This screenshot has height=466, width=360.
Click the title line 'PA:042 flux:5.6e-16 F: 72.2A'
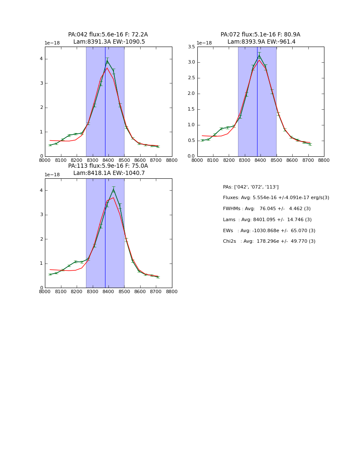click(x=108, y=35)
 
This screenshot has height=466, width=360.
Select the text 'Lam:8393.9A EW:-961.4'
click(x=261, y=42)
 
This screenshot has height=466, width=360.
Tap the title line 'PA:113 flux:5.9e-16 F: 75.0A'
click(x=108, y=166)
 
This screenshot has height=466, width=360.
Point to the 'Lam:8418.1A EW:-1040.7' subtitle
click(x=109, y=173)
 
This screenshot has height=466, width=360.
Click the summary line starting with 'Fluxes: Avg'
click(x=276, y=198)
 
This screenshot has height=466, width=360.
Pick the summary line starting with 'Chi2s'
click(x=269, y=241)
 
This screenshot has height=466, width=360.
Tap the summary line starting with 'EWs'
click(x=269, y=230)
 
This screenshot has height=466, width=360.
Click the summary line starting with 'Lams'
click(x=267, y=219)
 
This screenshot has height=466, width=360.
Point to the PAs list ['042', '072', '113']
click(x=251, y=187)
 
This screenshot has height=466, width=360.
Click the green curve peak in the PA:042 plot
click(x=107, y=61)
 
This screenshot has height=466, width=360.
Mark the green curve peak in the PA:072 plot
click(x=259, y=55)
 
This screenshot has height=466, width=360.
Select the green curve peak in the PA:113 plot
click(x=114, y=189)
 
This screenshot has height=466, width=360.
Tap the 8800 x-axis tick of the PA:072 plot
click(x=324, y=160)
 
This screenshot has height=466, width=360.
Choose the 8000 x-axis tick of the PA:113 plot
click(x=45, y=291)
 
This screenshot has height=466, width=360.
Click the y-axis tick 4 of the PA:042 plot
click(x=41, y=59)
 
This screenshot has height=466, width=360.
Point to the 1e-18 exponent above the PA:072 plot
click(x=204, y=43)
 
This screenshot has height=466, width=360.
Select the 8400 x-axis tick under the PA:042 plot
click(x=108, y=160)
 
